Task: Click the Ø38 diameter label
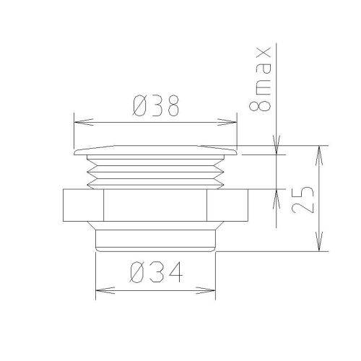[156, 105]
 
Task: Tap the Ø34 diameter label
[157, 272]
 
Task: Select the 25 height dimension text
[303, 199]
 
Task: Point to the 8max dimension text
[260, 79]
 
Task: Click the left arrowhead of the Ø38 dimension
[84, 122]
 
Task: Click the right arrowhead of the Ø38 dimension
[227, 122]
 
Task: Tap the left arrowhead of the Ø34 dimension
[105, 290]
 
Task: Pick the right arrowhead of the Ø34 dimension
[206, 290]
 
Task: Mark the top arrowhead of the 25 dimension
[319, 155]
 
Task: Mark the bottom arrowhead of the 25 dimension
[319, 241]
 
